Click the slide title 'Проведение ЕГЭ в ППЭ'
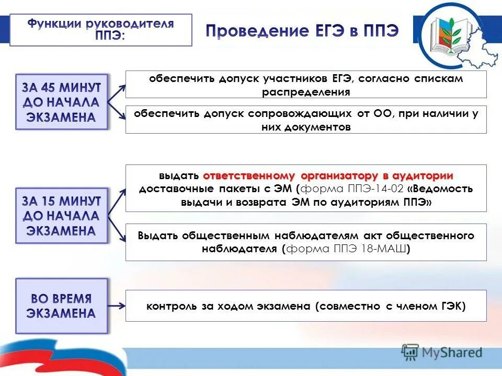pos(302,31)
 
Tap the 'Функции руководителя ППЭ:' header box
pos(101,30)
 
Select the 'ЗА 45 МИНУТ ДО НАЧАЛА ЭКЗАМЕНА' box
pos(61,102)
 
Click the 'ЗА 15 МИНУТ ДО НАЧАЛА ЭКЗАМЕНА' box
pos(61,216)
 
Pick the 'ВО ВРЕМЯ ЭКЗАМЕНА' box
pos(61,306)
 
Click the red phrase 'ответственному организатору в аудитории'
pos(328,175)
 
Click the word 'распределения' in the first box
pos(306,92)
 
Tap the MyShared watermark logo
pos(442,352)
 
